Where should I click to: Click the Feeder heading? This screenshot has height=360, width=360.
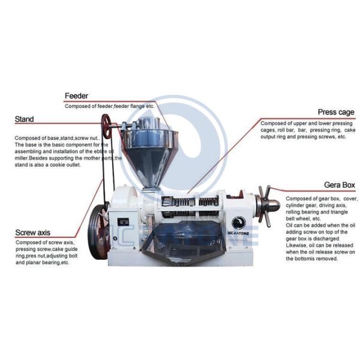[x=76, y=95]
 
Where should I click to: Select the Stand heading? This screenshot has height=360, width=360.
[x=24, y=119]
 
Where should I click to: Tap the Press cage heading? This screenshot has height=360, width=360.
[x=335, y=112]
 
